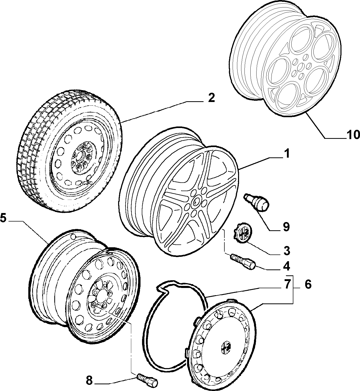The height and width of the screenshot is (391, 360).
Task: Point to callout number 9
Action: point(286,227)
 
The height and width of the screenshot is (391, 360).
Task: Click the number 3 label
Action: point(287,251)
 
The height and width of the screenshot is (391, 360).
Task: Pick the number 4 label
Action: point(286,266)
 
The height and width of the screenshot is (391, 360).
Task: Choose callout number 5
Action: point(4,218)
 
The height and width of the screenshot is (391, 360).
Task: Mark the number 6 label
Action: point(308,285)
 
